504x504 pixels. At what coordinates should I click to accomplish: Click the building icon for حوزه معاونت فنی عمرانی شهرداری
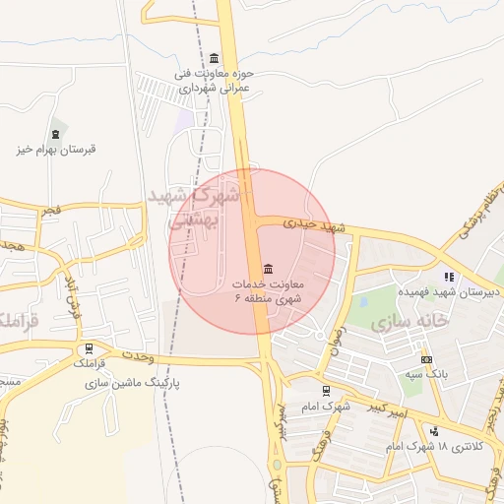tap(215, 57)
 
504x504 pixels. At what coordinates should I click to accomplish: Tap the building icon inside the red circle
tap(269, 269)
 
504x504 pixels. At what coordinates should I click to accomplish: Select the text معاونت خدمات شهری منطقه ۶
tap(269, 290)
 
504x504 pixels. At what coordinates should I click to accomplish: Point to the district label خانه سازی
tap(409, 321)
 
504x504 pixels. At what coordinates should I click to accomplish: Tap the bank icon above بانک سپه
tap(426, 359)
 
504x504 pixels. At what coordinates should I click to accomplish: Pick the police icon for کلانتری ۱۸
tap(433, 431)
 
